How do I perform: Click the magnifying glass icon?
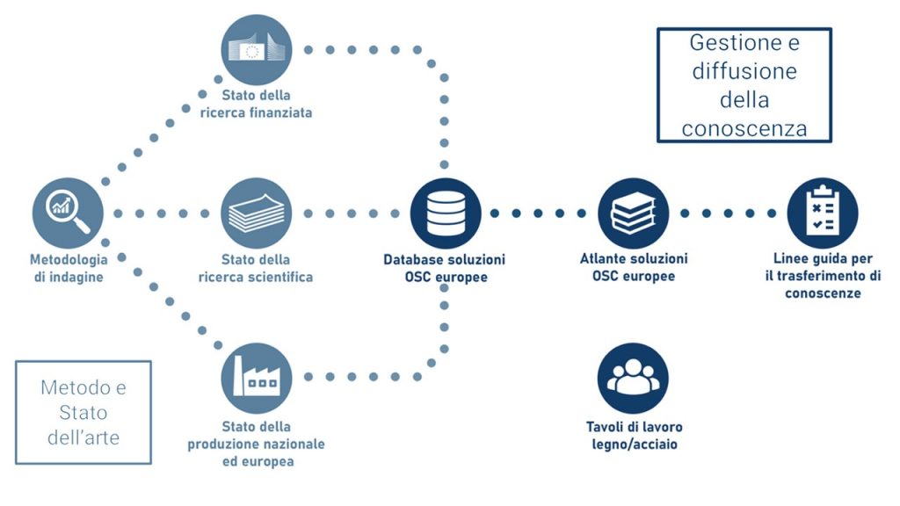click(x=68, y=212)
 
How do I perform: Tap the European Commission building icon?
click(x=256, y=49)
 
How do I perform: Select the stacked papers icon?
click(x=256, y=213)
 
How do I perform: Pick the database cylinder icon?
click(x=444, y=213)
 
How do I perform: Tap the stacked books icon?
click(x=633, y=213)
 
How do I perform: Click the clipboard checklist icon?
click(x=823, y=213)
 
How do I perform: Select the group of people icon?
click(x=633, y=379)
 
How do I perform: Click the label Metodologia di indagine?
click(x=69, y=269)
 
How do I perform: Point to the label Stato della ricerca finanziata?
click(x=256, y=104)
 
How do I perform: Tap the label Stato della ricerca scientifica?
click(x=256, y=269)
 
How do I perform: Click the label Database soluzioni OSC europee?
click(x=444, y=269)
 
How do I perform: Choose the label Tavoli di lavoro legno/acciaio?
click(x=634, y=436)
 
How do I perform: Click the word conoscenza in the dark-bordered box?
click(x=744, y=128)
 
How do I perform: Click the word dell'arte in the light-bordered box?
click(x=83, y=437)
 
